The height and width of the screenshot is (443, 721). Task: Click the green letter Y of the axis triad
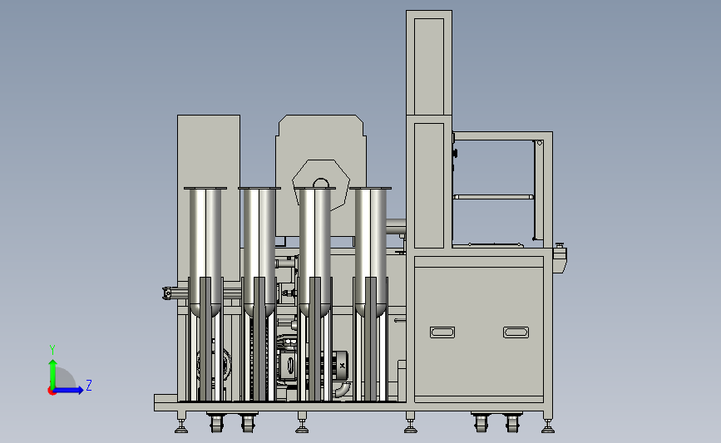pyautogui.click(x=52, y=350)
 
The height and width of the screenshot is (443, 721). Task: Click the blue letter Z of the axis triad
pyautogui.click(x=89, y=385)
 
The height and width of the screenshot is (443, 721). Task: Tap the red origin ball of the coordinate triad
pyautogui.click(x=52, y=391)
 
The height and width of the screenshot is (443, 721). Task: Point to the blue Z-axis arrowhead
pyautogui.click(x=79, y=390)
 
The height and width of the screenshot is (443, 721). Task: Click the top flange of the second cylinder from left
pyautogui.click(x=259, y=188)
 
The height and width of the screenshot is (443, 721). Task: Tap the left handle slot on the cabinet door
pyautogui.click(x=442, y=332)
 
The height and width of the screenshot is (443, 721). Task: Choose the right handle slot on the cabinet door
pyautogui.click(x=516, y=332)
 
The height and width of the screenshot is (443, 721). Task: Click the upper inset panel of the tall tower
pyautogui.click(x=429, y=66)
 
